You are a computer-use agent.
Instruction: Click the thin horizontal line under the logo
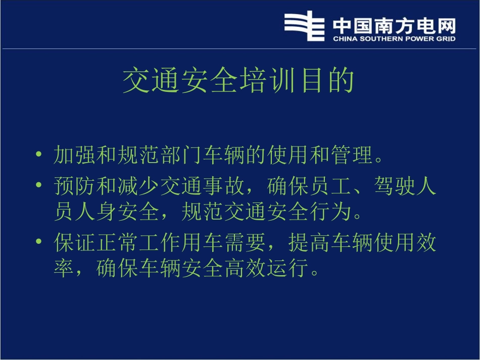tap(239, 49)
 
